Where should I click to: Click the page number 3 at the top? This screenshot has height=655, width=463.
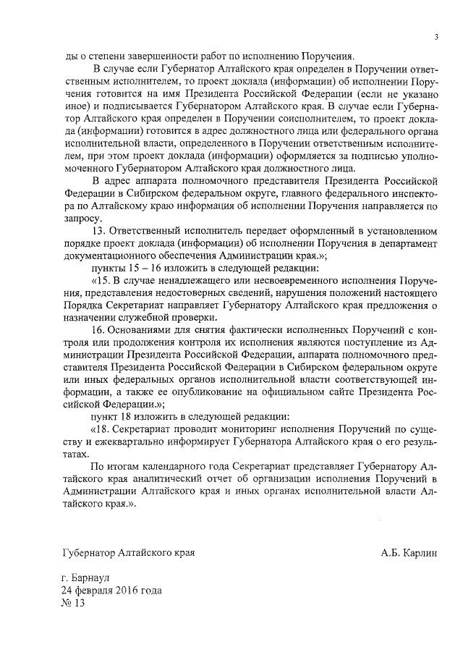pos(436,37)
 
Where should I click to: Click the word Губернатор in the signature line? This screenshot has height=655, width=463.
pos(90,553)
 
